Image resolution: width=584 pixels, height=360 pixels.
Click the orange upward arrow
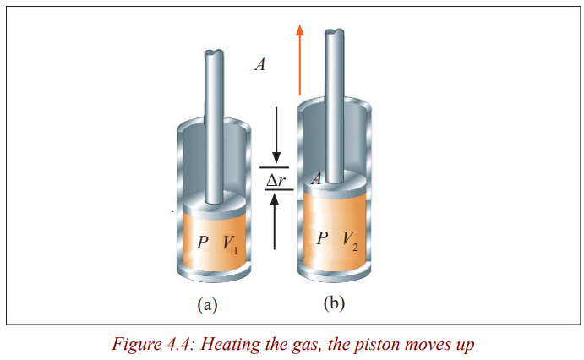[x=299, y=60]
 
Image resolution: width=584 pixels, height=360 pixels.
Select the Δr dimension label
[x=276, y=181]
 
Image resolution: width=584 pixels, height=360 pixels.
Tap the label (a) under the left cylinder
[x=207, y=305]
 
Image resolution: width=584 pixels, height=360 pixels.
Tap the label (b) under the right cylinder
[x=334, y=303]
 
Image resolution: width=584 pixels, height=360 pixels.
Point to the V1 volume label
[x=230, y=244]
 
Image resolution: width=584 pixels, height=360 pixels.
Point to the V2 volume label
[x=351, y=241]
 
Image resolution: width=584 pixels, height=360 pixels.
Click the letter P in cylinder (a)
[x=202, y=243]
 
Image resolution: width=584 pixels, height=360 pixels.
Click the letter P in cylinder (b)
[x=322, y=238]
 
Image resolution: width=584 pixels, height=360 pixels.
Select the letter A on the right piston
[x=316, y=179]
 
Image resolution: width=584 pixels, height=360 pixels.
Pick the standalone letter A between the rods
[x=260, y=64]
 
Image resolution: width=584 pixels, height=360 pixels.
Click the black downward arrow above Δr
[x=276, y=134]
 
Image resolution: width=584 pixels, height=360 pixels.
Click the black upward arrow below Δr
[x=275, y=222]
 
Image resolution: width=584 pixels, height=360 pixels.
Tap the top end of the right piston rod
[x=335, y=31]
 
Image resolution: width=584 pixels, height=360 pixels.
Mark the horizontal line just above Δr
[x=275, y=167]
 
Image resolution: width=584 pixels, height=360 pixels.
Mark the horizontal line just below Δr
[x=279, y=190]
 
